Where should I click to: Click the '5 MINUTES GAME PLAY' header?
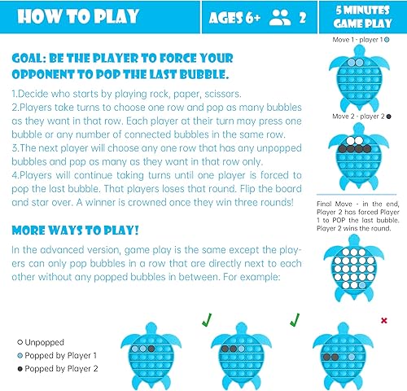pyautogui.click(x=364, y=17)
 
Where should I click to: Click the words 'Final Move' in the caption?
pyautogui.click(x=332, y=205)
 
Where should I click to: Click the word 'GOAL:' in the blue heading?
pyautogui.click(x=33, y=59)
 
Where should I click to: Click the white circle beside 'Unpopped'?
pyautogui.click(x=20, y=341)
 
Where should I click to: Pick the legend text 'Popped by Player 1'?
pyautogui.click(x=62, y=355)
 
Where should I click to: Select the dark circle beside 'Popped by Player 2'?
pyautogui.click(x=20, y=369)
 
